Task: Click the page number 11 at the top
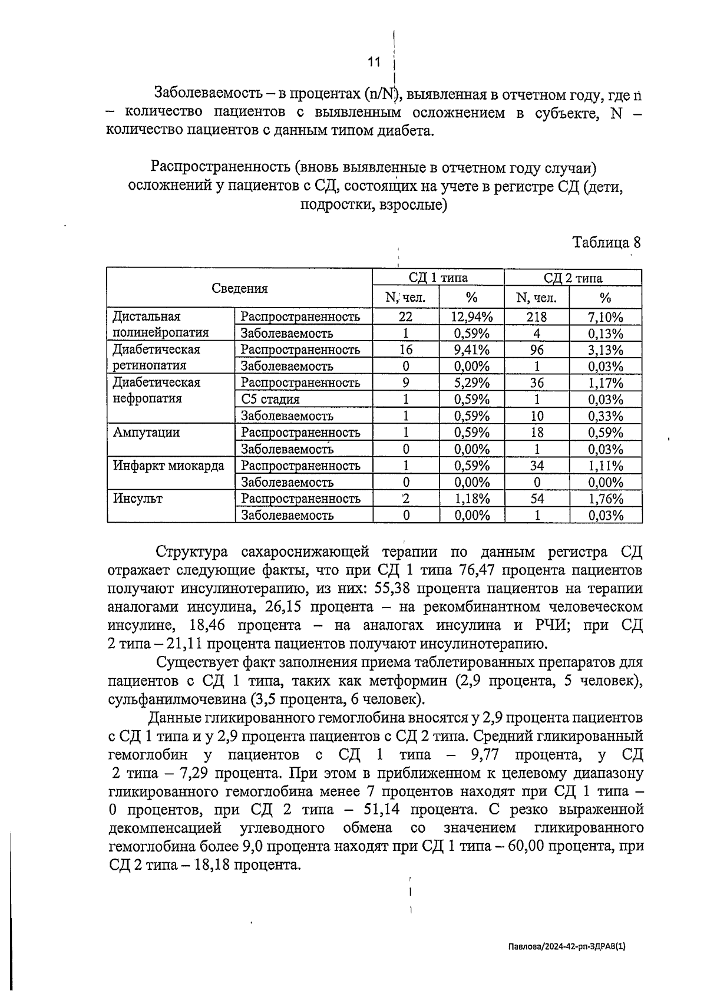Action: (374, 61)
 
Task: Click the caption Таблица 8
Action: (606, 242)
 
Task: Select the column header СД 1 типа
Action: (438, 278)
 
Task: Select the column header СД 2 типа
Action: (573, 278)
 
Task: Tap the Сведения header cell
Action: (240, 288)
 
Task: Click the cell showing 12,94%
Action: (471, 316)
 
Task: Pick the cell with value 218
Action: (536, 316)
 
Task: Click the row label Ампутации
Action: (146, 433)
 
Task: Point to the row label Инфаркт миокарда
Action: (169, 466)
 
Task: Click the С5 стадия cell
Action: (270, 400)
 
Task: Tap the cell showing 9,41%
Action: (471, 349)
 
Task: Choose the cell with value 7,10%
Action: (605, 316)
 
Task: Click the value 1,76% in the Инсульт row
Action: (605, 499)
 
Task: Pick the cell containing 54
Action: (536, 499)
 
